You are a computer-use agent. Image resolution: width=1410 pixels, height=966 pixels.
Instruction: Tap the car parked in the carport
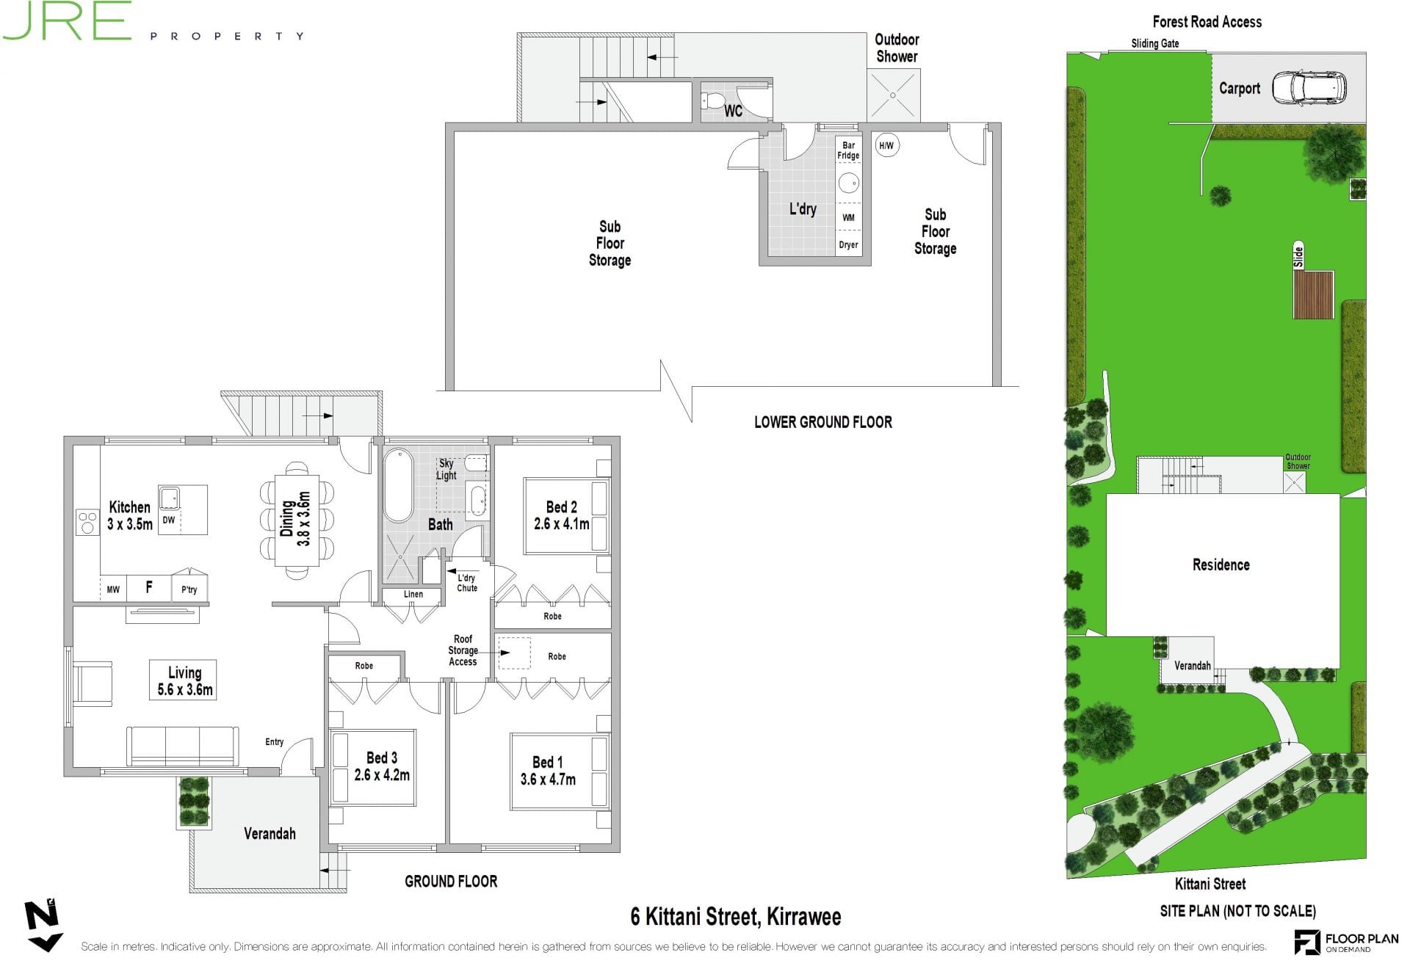(1309, 89)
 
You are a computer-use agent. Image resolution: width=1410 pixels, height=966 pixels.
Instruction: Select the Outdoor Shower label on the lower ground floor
(897, 48)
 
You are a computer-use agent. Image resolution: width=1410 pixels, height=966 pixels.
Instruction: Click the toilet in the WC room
(713, 101)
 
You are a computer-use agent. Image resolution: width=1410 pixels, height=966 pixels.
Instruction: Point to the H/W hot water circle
(886, 145)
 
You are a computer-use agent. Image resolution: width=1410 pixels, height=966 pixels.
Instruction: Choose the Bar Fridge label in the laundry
(848, 150)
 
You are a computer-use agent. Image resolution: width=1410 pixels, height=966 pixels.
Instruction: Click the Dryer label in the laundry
(848, 245)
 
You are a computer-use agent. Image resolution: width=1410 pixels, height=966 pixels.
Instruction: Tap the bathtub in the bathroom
(399, 484)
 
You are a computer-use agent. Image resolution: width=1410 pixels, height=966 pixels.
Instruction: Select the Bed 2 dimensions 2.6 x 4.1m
(561, 524)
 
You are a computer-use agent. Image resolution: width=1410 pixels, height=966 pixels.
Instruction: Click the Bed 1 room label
(548, 762)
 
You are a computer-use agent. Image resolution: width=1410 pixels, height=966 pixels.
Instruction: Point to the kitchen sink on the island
(170, 497)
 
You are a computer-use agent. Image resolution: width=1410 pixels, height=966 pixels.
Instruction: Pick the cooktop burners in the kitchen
(87, 523)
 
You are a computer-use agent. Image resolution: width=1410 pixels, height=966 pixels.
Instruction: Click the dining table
(297, 520)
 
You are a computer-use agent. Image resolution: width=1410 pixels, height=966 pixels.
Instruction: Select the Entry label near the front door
(274, 742)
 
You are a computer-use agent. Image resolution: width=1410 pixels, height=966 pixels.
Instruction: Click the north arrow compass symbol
(43, 926)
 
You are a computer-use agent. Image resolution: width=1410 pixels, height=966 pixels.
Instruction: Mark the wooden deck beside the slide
(1313, 294)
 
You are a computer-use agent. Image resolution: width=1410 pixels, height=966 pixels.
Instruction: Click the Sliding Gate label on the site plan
(1154, 43)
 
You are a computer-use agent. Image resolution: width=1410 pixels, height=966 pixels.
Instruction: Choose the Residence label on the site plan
(1221, 564)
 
